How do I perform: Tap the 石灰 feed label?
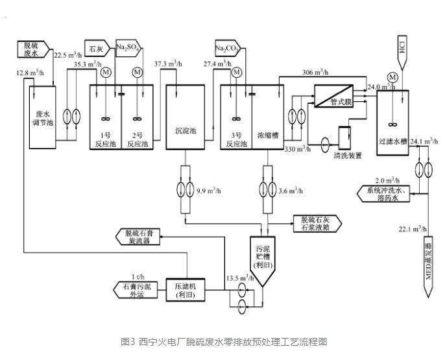[97, 47]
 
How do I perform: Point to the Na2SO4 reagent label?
[128, 47]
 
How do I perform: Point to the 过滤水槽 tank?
[392, 123]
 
